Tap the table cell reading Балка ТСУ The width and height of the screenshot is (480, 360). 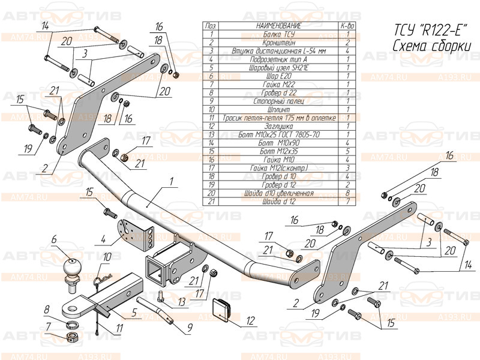tap(278, 35)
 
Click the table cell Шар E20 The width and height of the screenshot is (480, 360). tap(278, 76)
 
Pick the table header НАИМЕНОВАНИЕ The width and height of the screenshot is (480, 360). tap(278, 26)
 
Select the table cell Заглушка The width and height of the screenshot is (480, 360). tap(278, 126)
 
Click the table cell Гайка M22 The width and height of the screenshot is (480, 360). tap(278, 85)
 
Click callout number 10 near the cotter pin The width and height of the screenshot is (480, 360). tap(107, 257)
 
